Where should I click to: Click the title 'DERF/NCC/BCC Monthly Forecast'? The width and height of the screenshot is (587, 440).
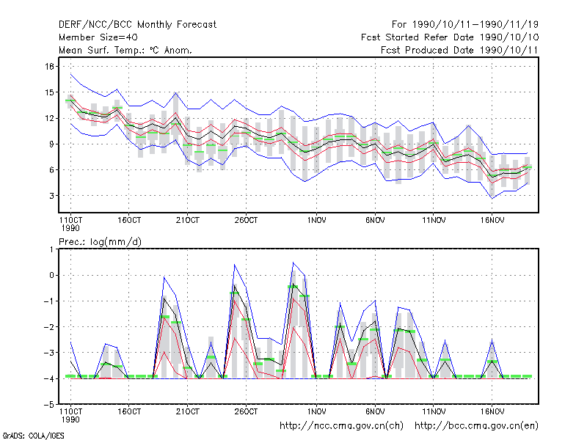click(x=137, y=25)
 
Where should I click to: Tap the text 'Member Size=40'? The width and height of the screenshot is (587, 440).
click(x=98, y=37)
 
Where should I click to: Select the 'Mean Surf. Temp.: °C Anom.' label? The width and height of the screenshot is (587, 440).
click(x=125, y=50)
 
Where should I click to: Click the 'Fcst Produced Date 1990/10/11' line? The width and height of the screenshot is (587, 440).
click(x=459, y=50)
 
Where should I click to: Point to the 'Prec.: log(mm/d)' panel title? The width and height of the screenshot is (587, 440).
click(x=100, y=242)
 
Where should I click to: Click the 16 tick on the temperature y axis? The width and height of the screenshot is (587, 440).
click(x=49, y=67)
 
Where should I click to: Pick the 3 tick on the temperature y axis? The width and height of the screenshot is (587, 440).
click(x=51, y=196)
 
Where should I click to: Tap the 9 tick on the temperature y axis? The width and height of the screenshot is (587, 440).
click(x=51, y=144)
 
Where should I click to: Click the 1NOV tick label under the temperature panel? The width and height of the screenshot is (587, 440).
click(x=317, y=221)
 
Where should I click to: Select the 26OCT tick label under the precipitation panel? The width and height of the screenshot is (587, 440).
click(x=246, y=411)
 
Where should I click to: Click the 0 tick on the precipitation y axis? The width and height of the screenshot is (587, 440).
click(x=51, y=276)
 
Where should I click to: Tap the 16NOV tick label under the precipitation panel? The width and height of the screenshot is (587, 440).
click(x=492, y=411)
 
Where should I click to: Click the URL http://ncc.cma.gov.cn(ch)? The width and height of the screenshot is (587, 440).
click(x=341, y=426)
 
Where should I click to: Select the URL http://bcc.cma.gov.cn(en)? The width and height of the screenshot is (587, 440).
click(x=476, y=426)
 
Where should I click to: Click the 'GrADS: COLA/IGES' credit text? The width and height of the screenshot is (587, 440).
click(x=33, y=436)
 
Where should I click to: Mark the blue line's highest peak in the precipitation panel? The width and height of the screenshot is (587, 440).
click(x=293, y=263)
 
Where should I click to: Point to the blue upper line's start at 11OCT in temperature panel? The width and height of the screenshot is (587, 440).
click(x=70, y=75)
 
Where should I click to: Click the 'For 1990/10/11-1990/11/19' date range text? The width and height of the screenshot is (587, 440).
click(x=465, y=25)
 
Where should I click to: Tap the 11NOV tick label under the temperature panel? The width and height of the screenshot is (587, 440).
click(x=434, y=221)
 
